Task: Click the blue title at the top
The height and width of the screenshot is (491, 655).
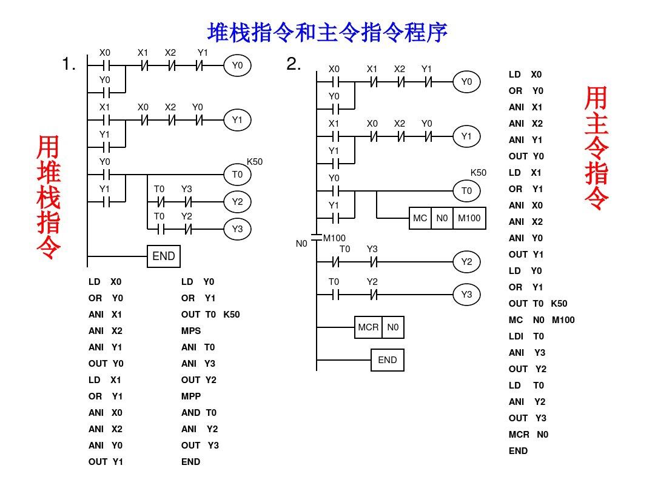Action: tap(327, 32)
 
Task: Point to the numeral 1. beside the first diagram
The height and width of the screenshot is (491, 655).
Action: tap(69, 64)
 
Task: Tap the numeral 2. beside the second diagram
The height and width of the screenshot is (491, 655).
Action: tap(294, 64)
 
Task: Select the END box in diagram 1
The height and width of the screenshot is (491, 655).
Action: tap(164, 256)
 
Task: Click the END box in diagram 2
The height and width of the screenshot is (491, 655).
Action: tap(387, 360)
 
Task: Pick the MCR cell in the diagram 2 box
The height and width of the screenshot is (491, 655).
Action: tap(368, 327)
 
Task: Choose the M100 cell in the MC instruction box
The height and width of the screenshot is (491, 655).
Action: tap(469, 218)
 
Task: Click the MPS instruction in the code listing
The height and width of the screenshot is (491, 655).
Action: tap(191, 331)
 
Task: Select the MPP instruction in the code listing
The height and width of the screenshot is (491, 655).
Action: tap(191, 396)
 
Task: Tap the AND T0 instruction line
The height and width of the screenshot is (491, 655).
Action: tap(199, 413)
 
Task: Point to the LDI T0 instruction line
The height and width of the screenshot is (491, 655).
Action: tap(526, 336)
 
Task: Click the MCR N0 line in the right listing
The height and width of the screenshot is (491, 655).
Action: tap(528, 435)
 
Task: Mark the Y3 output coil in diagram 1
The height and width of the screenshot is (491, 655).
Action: tap(237, 229)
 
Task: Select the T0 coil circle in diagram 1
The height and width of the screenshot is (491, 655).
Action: tap(237, 175)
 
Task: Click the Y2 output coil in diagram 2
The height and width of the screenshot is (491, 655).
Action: tap(466, 262)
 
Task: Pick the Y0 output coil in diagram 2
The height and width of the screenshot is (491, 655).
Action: tap(466, 82)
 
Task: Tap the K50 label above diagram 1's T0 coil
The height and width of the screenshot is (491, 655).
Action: tap(255, 162)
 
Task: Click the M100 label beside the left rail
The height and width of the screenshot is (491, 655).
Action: tap(334, 238)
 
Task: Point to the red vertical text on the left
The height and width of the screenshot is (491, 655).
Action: tap(49, 197)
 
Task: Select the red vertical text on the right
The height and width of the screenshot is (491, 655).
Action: tap(597, 148)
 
